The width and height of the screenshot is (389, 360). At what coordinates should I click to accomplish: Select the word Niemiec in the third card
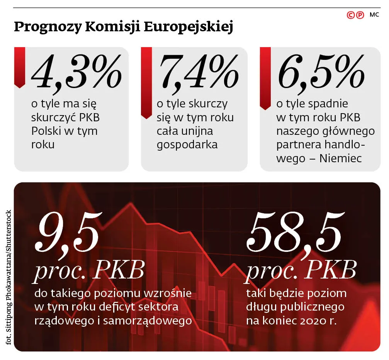(341, 158)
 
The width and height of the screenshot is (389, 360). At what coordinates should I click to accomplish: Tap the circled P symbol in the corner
(360, 15)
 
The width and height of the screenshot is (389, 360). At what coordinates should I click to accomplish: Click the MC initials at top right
(374, 15)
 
